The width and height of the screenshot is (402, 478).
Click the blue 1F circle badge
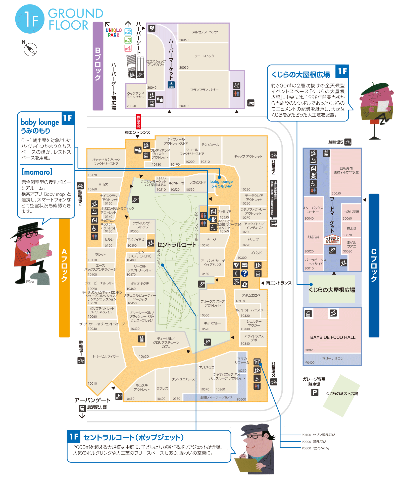30,19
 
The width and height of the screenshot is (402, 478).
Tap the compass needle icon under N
31,49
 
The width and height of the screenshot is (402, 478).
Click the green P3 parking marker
128,40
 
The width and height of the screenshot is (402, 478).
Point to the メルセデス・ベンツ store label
205,32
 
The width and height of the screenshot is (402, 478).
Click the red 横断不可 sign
138,121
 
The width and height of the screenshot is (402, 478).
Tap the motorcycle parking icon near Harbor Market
251,103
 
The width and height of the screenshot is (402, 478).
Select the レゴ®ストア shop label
198,182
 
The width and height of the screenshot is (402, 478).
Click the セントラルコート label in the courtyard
176,245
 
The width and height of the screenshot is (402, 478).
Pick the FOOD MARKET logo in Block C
332,240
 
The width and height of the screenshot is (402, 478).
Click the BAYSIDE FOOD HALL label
333,337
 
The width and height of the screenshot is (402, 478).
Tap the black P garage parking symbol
315,392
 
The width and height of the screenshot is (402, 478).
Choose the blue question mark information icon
244,273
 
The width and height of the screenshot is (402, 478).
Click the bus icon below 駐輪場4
274,223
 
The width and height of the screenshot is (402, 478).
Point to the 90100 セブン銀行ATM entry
319,435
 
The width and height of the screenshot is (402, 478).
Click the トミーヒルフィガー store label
106,356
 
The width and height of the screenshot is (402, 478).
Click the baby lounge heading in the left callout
40,122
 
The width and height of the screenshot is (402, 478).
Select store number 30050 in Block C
336,193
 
